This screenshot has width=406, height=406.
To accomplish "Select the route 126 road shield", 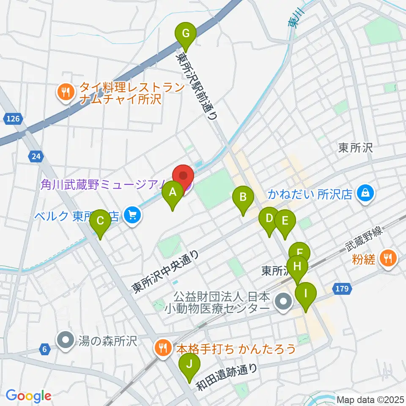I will click(x=14, y=119).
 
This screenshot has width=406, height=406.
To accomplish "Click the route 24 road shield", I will click(x=36, y=157).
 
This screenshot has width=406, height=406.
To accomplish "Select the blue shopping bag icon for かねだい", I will click(x=364, y=193).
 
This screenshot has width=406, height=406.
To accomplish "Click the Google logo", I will click(x=28, y=396).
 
